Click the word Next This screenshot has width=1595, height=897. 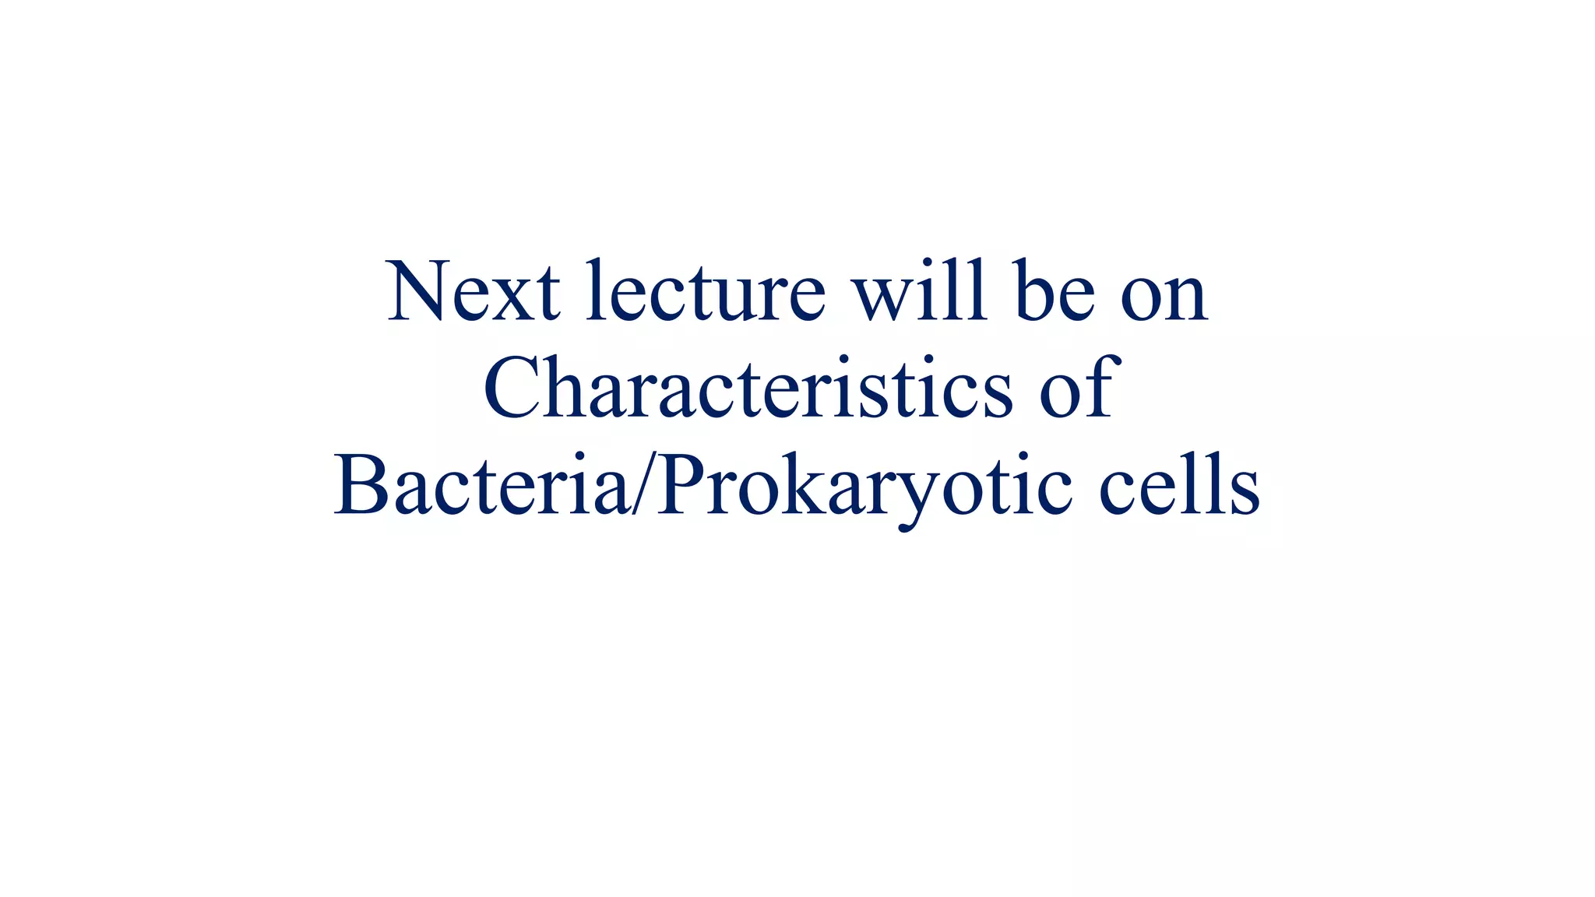point(473,292)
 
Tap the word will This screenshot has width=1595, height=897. point(920,292)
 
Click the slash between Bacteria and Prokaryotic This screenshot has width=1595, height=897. point(644,484)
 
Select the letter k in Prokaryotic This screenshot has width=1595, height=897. point(802,484)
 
